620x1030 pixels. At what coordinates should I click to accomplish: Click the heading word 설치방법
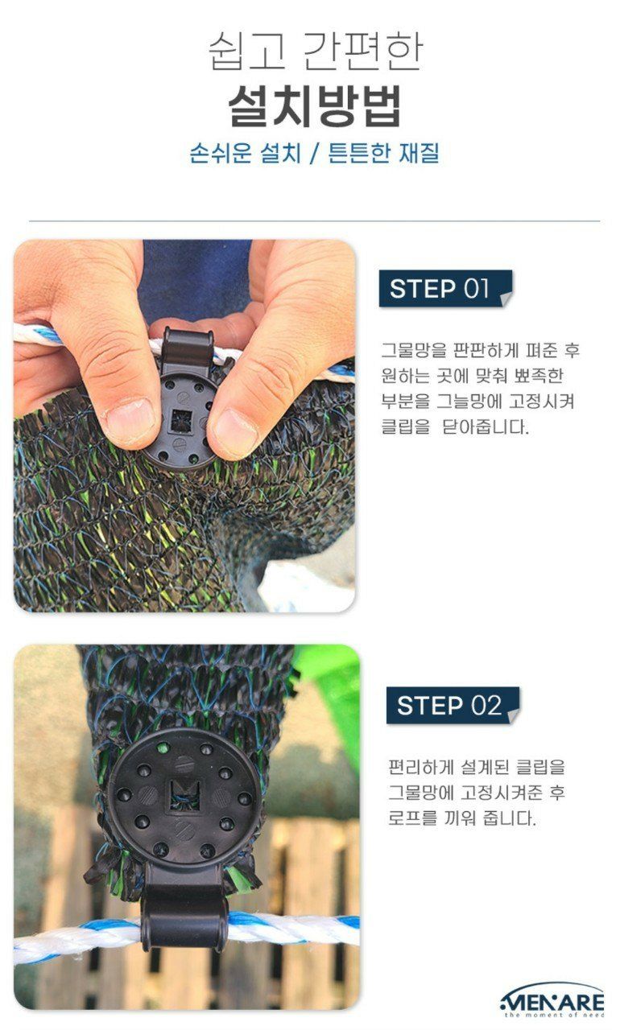315,105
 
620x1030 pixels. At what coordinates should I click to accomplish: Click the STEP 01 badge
440,289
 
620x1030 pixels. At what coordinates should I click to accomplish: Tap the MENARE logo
552,1000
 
